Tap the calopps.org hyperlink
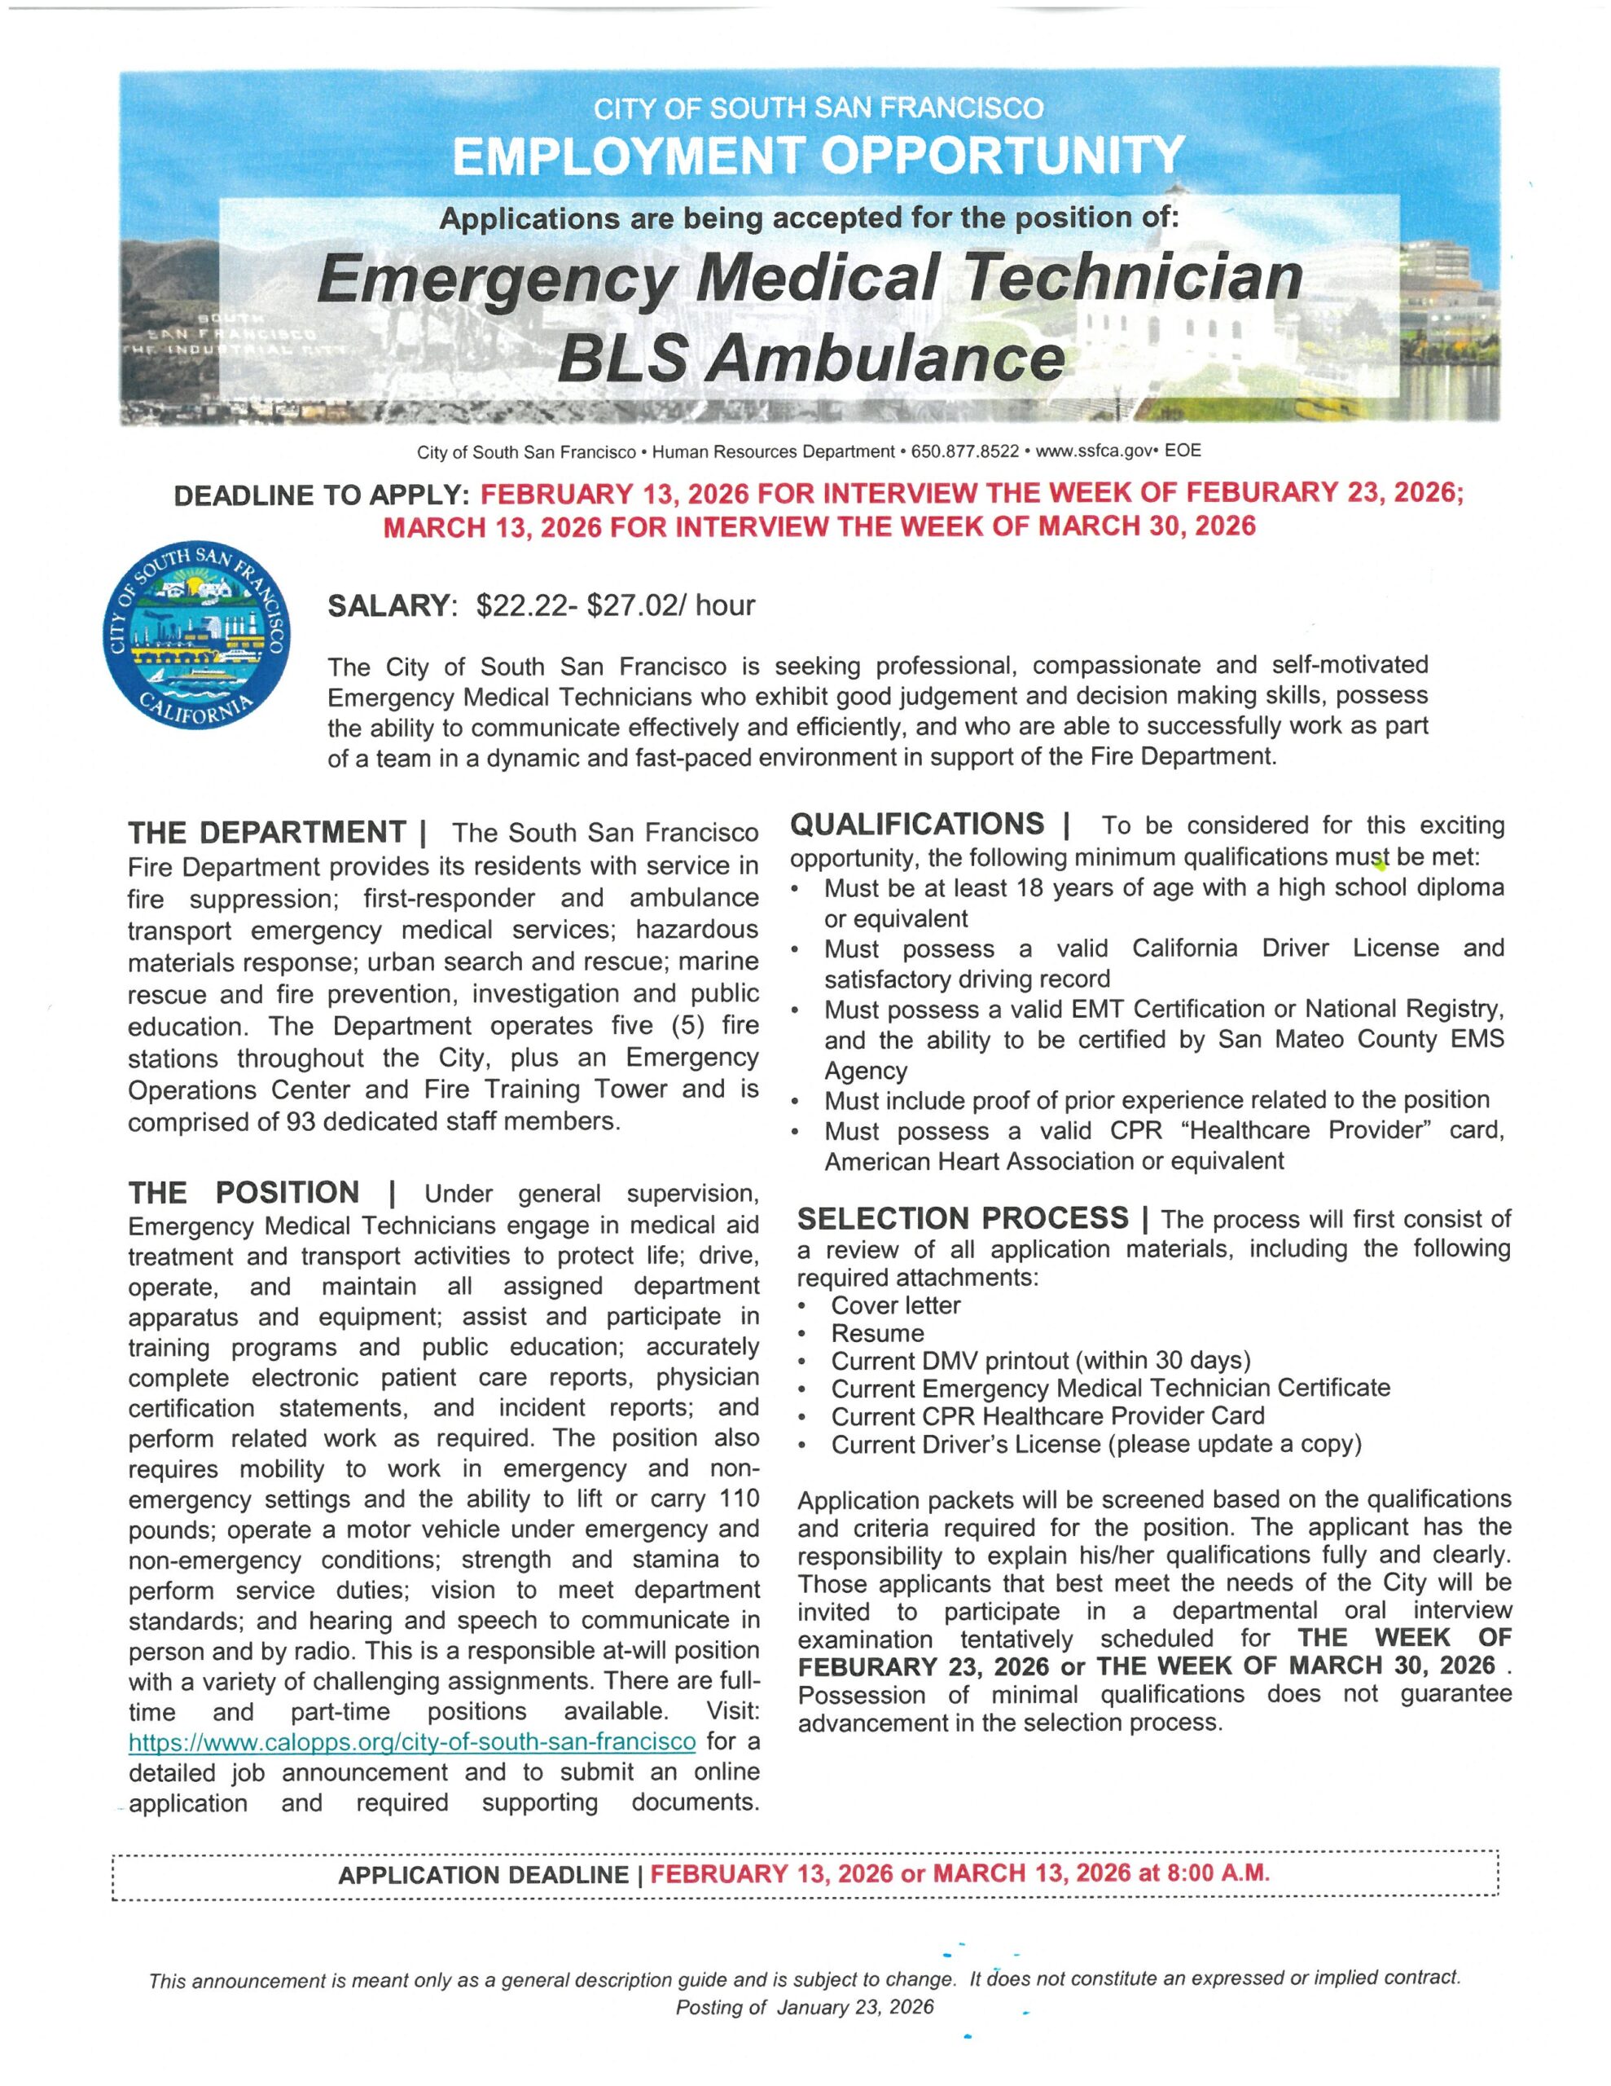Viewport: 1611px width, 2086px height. (411, 1741)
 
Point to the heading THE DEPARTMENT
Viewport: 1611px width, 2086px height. (267, 832)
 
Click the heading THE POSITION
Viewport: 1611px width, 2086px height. (244, 1193)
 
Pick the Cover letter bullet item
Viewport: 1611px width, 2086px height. (896, 1305)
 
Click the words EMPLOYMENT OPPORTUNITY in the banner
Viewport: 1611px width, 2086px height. (819, 156)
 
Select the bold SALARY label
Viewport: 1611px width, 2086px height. (387, 605)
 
